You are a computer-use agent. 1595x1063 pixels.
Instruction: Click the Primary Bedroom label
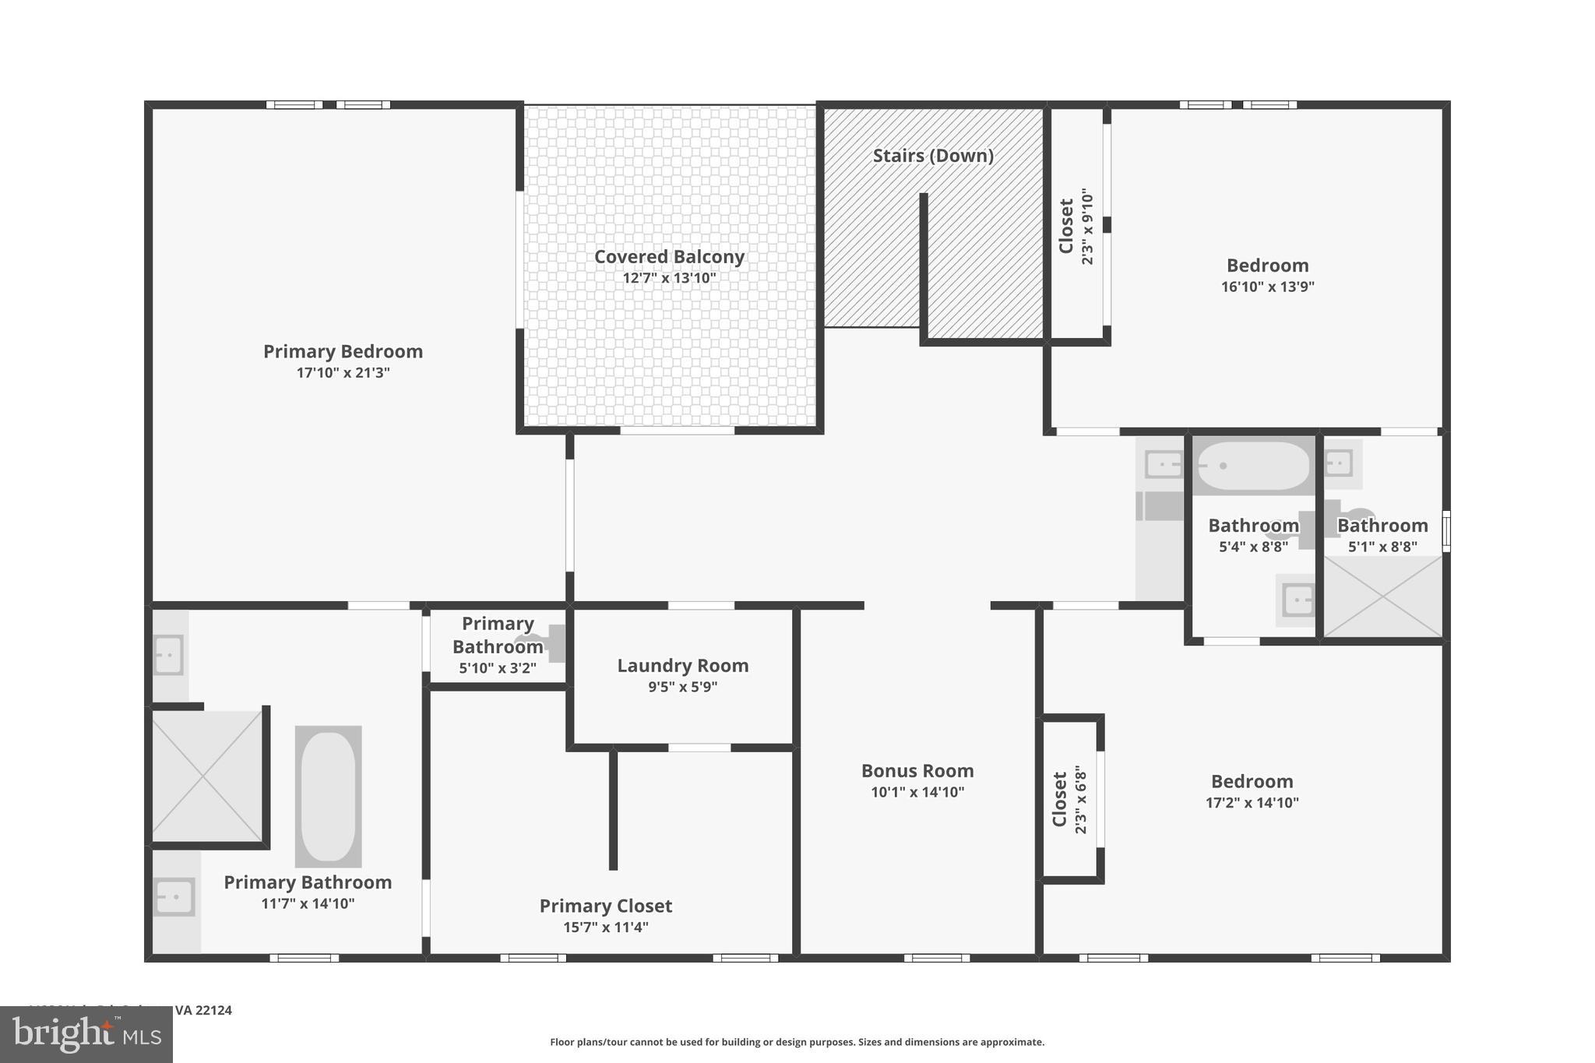(343, 351)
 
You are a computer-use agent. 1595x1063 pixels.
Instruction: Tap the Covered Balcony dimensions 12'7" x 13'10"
(669, 278)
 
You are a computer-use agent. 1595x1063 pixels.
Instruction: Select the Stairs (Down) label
(932, 156)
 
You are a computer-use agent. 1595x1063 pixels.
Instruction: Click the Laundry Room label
(682, 666)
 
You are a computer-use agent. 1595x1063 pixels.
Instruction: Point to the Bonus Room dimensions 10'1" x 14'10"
(917, 792)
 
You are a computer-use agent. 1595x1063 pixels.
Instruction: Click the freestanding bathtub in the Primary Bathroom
(328, 796)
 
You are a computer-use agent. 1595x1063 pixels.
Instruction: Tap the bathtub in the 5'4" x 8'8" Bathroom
(1253, 466)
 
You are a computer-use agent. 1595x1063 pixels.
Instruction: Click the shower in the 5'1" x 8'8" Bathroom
(1382, 597)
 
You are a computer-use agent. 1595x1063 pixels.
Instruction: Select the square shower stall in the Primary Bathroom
(206, 776)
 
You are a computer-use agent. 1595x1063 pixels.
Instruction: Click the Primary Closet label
(605, 906)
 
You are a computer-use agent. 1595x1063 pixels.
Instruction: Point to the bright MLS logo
(86, 1034)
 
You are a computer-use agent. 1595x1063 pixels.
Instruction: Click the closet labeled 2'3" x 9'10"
(1076, 226)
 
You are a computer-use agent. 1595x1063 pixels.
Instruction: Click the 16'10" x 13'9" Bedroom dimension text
(1267, 287)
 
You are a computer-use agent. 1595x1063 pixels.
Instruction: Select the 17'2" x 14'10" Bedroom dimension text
(1252, 803)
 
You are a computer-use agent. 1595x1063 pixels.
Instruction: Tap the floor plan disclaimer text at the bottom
(797, 1042)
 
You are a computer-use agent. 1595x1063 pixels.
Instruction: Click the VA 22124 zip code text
(203, 1011)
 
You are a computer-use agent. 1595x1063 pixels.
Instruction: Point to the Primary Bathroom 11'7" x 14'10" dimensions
(308, 903)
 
